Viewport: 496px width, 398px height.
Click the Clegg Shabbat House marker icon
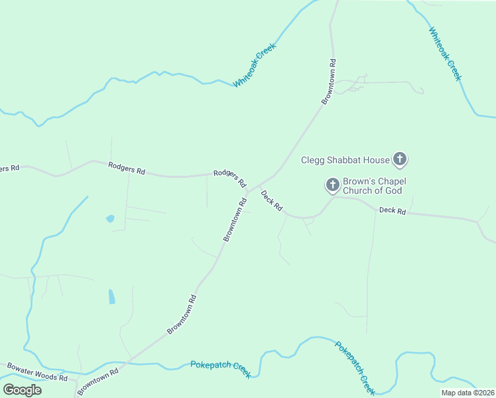coord(400,159)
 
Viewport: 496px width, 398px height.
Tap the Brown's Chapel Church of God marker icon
coord(332,186)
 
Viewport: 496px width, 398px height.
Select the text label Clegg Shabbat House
coord(345,159)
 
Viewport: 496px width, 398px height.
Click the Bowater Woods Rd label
coord(37,371)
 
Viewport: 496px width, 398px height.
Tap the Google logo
coord(22,389)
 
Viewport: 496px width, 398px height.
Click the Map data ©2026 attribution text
coord(467,393)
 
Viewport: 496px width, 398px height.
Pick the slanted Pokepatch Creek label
coord(355,367)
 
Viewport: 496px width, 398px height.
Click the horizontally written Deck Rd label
coord(392,210)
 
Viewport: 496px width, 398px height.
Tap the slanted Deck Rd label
coord(272,202)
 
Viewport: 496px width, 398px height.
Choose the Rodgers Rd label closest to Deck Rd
coord(230,178)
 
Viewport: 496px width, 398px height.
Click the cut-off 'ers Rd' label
coord(9,168)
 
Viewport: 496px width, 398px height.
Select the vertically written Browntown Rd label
coord(330,82)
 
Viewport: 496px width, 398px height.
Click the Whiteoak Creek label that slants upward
coord(254,66)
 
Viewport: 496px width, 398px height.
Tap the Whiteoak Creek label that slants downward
coord(444,54)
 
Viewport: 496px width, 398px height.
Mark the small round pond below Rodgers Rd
coord(110,218)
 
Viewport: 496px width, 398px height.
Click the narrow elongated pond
coord(111,296)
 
